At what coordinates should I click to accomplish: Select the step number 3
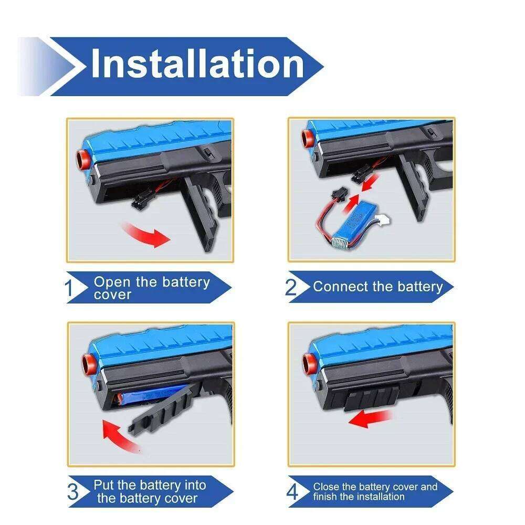pyautogui.click(x=74, y=491)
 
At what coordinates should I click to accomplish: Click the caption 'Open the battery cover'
pyautogui.click(x=151, y=288)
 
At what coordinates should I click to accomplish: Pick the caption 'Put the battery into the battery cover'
pyautogui.click(x=149, y=491)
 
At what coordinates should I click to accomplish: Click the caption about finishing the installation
pyautogui.click(x=375, y=491)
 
